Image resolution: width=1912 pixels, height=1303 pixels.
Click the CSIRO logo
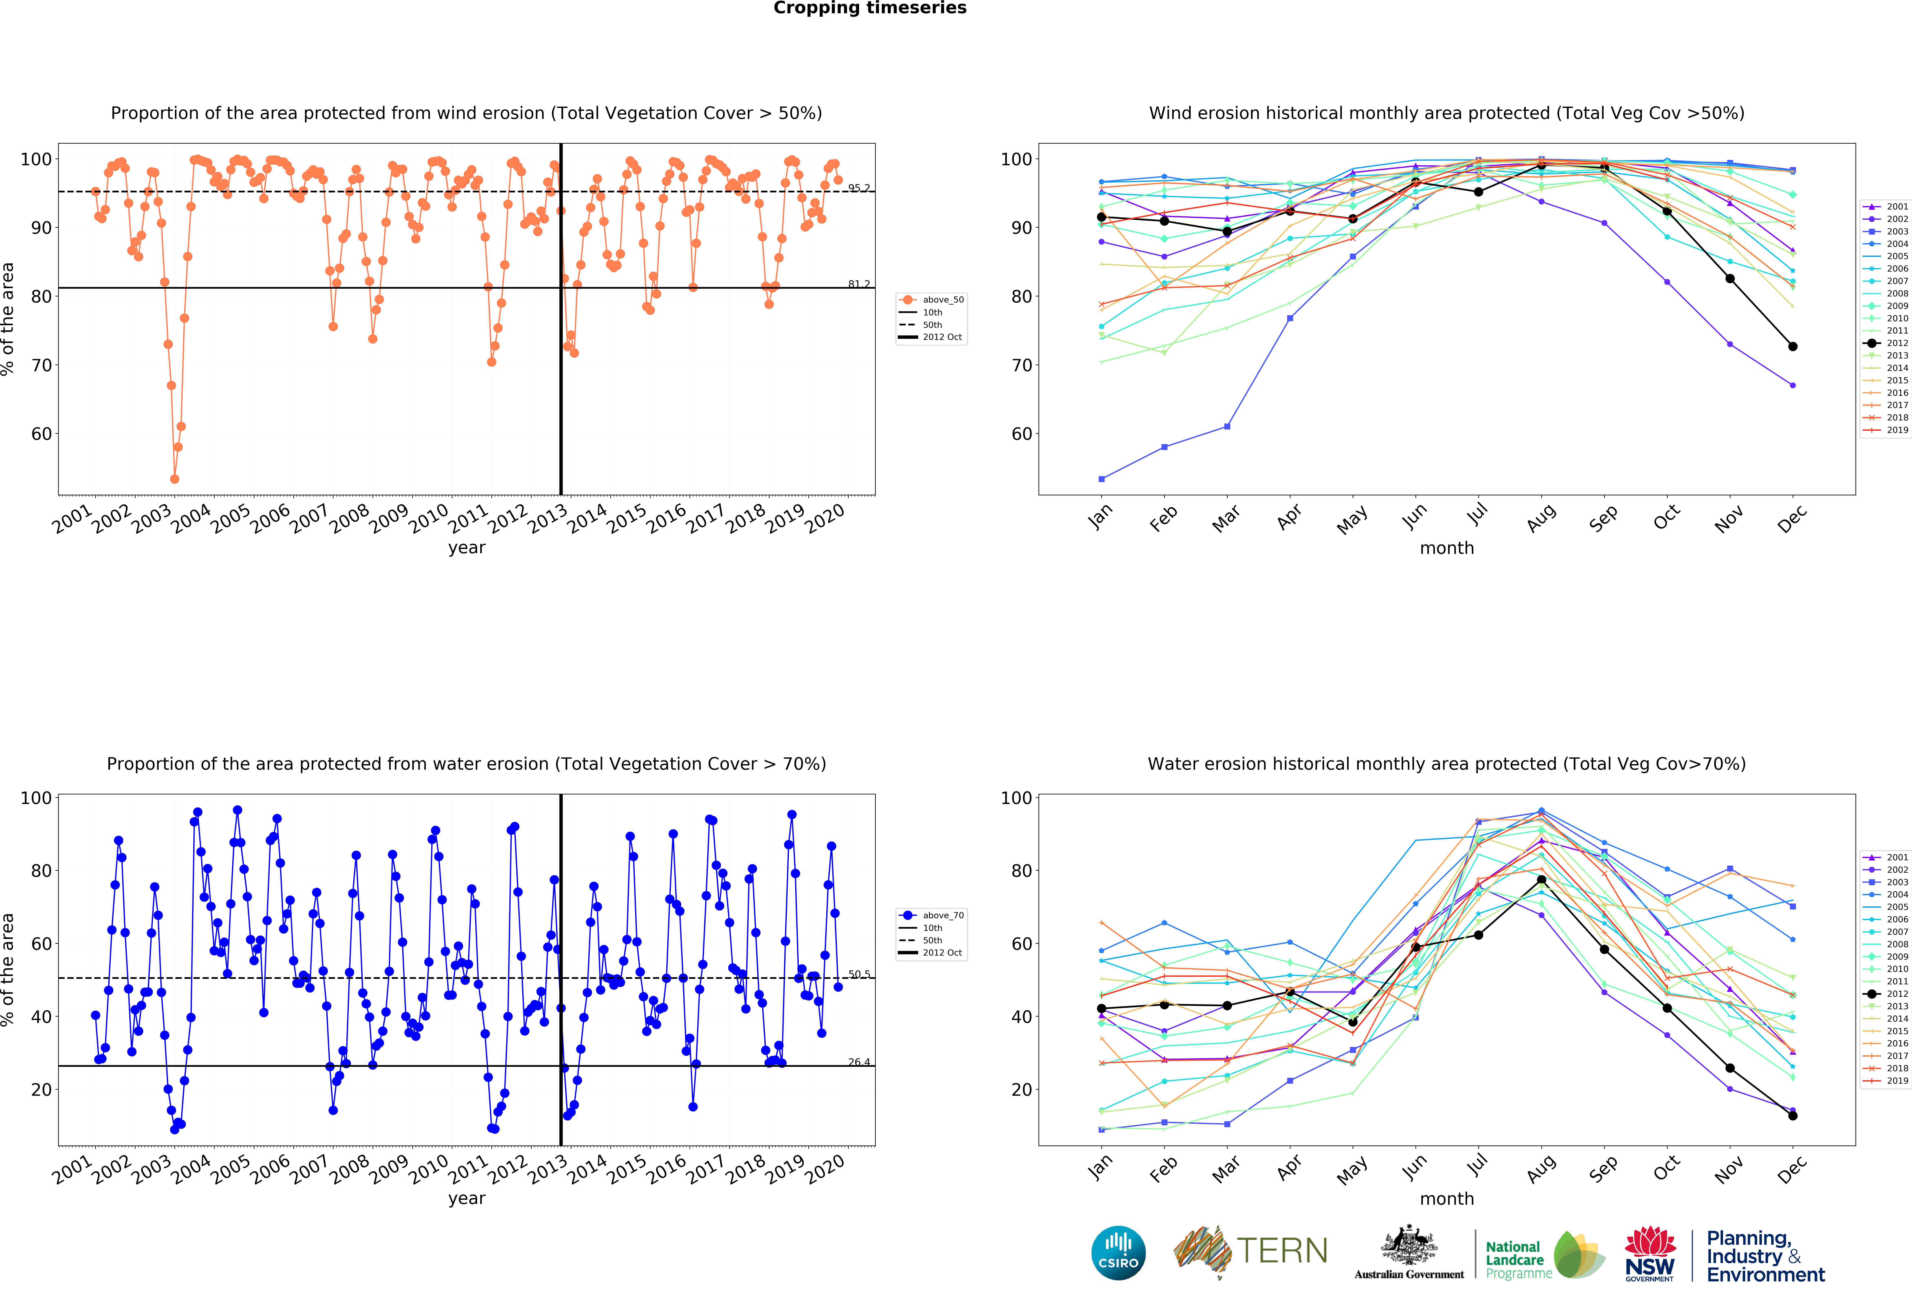point(1118,1253)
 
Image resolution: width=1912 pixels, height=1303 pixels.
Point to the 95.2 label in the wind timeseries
point(859,188)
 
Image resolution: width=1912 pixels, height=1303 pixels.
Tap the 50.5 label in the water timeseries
point(859,974)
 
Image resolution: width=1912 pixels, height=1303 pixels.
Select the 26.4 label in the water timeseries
point(859,1062)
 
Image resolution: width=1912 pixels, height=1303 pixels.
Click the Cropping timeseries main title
point(870,8)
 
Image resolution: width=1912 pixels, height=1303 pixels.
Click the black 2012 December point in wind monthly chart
point(1793,346)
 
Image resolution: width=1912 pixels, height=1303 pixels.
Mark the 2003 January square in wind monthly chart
point(1102,479)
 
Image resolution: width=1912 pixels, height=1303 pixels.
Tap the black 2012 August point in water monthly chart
point(1541,879)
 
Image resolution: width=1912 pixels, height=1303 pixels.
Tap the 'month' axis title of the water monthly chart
point(1446,1199)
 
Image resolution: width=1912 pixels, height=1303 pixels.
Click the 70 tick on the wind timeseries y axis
point(41,365)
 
